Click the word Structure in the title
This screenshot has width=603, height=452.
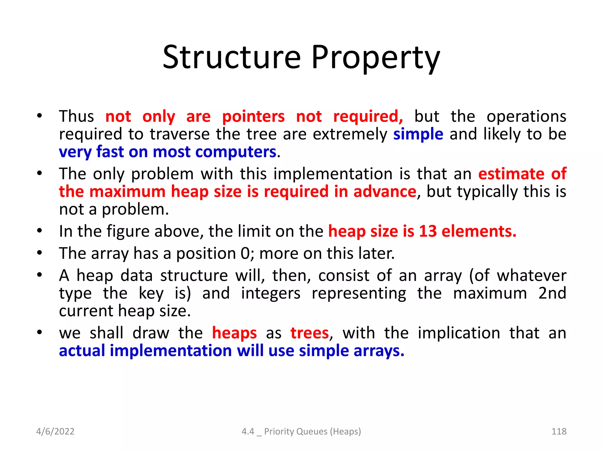pos(232,57)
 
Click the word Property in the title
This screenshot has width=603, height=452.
pos(375,57)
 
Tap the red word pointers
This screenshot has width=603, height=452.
pos(253,117)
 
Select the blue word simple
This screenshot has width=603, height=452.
pos(418,134)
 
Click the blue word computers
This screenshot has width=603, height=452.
pos(236,152)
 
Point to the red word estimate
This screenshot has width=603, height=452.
pos(511,174)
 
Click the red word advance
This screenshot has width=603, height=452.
pos(385,192)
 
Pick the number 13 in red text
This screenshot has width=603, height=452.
pos(428,231)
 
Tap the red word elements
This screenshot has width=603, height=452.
pos(479,231)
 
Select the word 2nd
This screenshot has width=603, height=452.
pos(552,293)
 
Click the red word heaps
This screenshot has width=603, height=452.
pos(234,333)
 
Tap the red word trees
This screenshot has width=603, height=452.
pos(309,333)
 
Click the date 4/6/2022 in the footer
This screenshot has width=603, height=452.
pos(55,431)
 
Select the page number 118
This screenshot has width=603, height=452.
pos(559,431)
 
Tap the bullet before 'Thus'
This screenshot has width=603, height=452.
pos(39,116)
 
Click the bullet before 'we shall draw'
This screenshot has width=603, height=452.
pos(39,332)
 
